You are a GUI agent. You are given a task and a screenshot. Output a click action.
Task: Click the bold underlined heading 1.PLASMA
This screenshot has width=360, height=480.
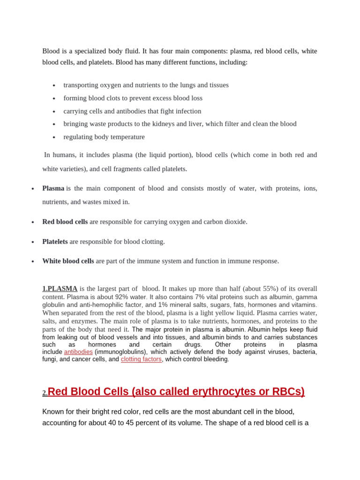point(60,289)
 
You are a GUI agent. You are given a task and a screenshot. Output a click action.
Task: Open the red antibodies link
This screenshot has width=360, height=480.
point(78,352)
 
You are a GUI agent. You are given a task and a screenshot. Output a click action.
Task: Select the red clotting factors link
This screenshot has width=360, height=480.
point(141,360)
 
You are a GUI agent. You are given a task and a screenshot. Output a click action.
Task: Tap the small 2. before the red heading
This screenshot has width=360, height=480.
point(45,393)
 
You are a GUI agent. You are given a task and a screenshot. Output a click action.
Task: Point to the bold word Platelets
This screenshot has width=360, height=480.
point(55,241)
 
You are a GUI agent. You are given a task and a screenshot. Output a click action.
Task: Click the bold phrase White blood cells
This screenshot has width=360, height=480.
point(68,261)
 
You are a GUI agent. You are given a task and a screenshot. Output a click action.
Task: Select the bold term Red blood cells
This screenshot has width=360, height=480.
point(65,222)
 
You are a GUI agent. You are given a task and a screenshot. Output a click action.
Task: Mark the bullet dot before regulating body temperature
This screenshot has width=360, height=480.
point(54,137)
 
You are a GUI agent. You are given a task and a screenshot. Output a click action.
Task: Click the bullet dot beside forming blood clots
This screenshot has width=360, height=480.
point(54,98)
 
